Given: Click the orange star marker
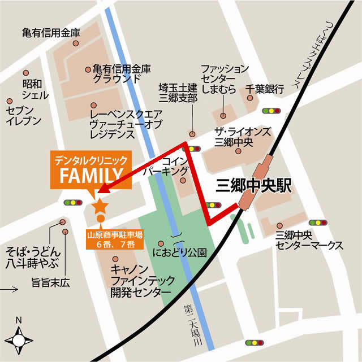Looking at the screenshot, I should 100,206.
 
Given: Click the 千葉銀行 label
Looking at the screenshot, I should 264,89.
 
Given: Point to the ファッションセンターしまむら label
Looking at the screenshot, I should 225,78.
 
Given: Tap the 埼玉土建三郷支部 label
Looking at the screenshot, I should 178,93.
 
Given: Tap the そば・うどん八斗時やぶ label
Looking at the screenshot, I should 32,256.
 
